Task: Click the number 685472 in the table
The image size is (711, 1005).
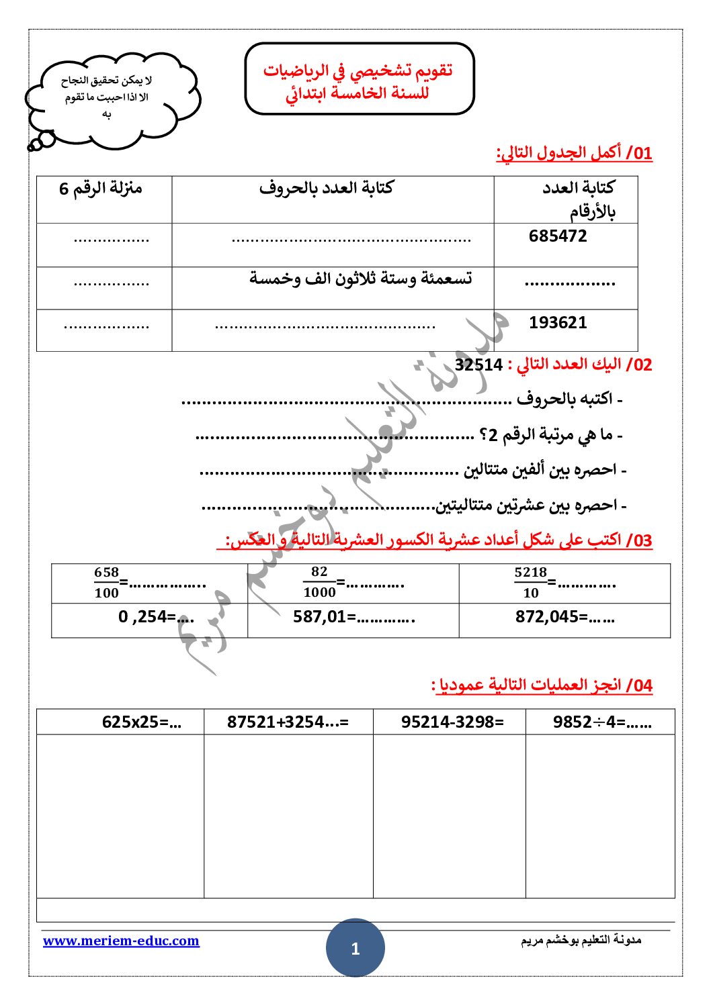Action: click(x=558, y=236)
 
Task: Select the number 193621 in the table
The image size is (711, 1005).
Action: click(x=558, y=323)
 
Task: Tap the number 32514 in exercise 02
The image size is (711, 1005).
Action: click(x=478, y=365)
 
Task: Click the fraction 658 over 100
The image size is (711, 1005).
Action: click(x=106, y=583)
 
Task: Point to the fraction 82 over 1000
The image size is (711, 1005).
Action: click(x=319, y=582)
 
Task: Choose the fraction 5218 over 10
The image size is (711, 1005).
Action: click(x=530, y=583)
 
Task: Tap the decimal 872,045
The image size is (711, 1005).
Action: click(x=546, y=617)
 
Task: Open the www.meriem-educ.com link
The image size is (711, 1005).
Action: click(x=121, y=941)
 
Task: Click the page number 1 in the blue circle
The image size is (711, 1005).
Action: click(x=355, y=949)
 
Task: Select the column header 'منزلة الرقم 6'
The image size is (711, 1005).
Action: click(x=101, y=189)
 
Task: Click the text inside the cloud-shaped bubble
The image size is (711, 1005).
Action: click(x=106, y=97)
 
